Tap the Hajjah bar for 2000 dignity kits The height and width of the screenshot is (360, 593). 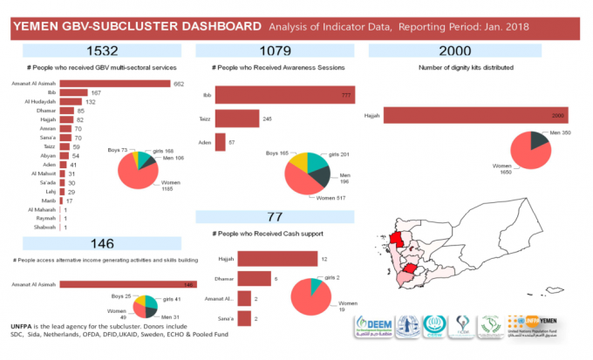click(x=475, y=115)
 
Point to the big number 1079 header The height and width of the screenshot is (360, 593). click(x=275, y=50)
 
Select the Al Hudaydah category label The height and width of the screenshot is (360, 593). click(x=42, y=102)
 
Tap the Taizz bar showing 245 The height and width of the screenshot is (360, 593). click(x=236, y=119)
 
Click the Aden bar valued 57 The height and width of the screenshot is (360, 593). click(x=220, y=140)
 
